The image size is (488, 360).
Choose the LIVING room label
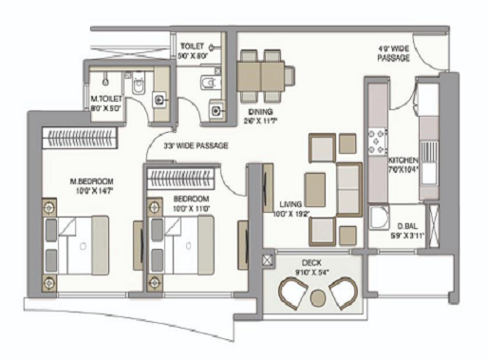pyautogui.click(x=291, y=204)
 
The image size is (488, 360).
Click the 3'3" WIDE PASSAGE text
pyautogui.click(x=197, y=145)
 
